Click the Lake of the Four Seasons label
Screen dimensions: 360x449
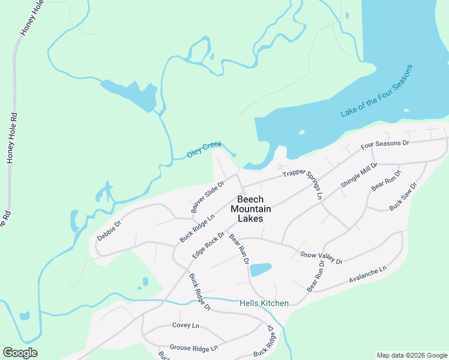click(376, 91)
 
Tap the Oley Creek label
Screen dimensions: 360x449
click(203, 150)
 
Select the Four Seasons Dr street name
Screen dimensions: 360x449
click(385, 145)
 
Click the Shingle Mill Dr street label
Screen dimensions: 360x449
click(359, 175)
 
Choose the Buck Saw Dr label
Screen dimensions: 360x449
click(403, 196)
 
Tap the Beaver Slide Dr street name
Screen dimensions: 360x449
click(207, 196)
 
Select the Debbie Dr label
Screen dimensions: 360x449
click(109, 230)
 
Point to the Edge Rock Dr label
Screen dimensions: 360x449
click(208, 245)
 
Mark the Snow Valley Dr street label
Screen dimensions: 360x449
click(321, 258)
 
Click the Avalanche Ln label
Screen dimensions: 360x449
click(368, 275)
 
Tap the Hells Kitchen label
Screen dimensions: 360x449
click(264, 304)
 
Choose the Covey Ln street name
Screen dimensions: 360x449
click(185, 325)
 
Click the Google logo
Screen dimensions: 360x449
click(20, 353)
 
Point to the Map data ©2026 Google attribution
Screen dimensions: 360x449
click(412, 355)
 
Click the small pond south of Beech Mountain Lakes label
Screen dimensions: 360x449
click(261, 269)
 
